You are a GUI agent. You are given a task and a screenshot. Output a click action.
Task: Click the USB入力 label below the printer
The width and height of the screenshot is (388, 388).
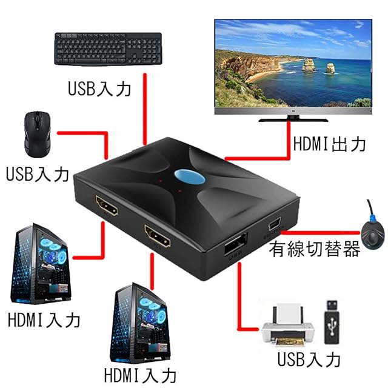tap(309, 359)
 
